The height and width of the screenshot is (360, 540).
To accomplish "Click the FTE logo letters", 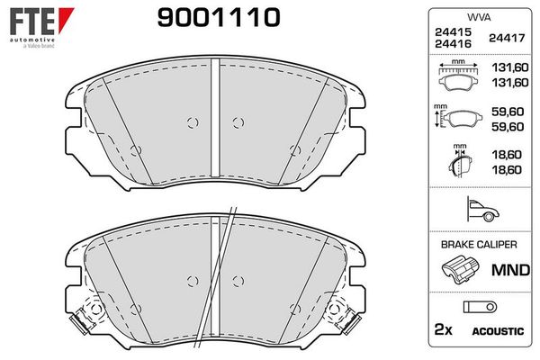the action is (32, 22).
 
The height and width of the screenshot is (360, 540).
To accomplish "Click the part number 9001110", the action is (219, 18).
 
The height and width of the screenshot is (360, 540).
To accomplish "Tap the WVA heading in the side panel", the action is (479, 17).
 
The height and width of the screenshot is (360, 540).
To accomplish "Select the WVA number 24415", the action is (453, 32).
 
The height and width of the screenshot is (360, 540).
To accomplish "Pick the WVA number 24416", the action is (453, 44).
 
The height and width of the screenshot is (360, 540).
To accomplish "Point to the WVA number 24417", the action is (507, 38).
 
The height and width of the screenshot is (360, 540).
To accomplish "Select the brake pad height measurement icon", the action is (457, 116).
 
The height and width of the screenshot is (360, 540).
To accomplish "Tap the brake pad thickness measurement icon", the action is (460, 161).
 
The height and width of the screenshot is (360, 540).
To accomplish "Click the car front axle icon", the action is (482, 209).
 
